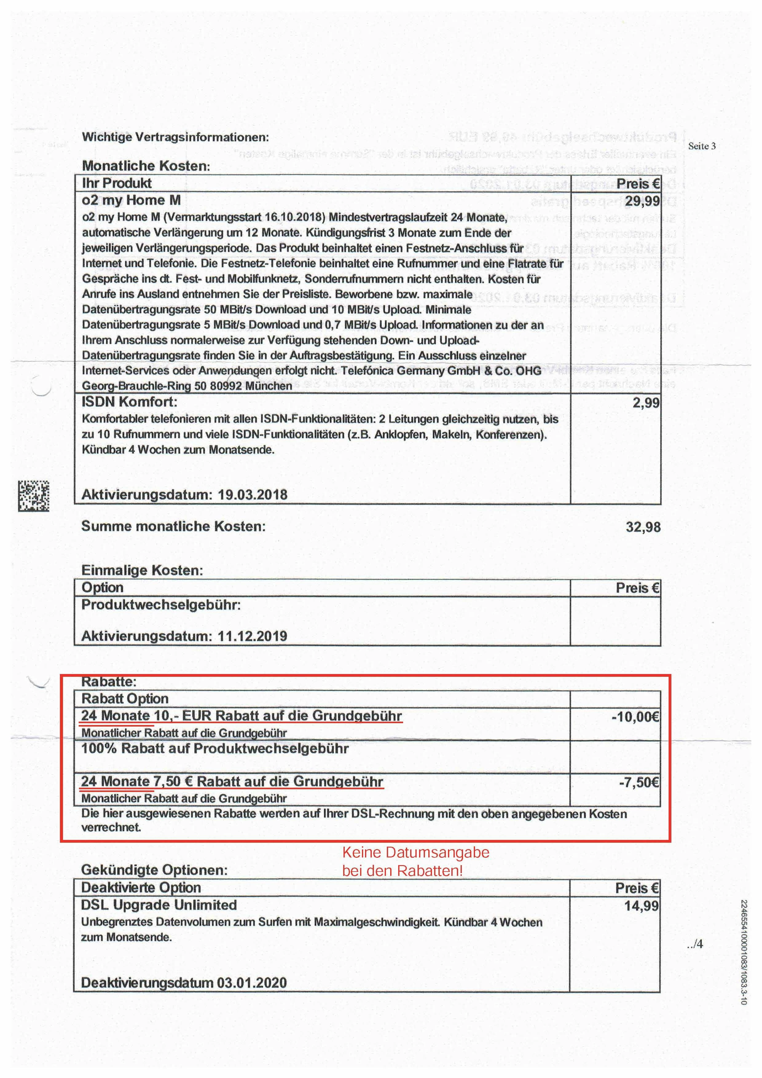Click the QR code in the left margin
point(34,496)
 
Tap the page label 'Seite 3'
point(701,146)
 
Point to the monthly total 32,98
point(643,527)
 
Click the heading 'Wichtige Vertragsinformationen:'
point(175,137)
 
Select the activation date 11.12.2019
point(252,636)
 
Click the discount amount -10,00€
point(635,716)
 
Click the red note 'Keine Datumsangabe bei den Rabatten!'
point(415,861)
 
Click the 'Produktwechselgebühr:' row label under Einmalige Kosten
point(161,605)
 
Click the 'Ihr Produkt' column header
point(116,183)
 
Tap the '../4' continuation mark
point(695,944)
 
